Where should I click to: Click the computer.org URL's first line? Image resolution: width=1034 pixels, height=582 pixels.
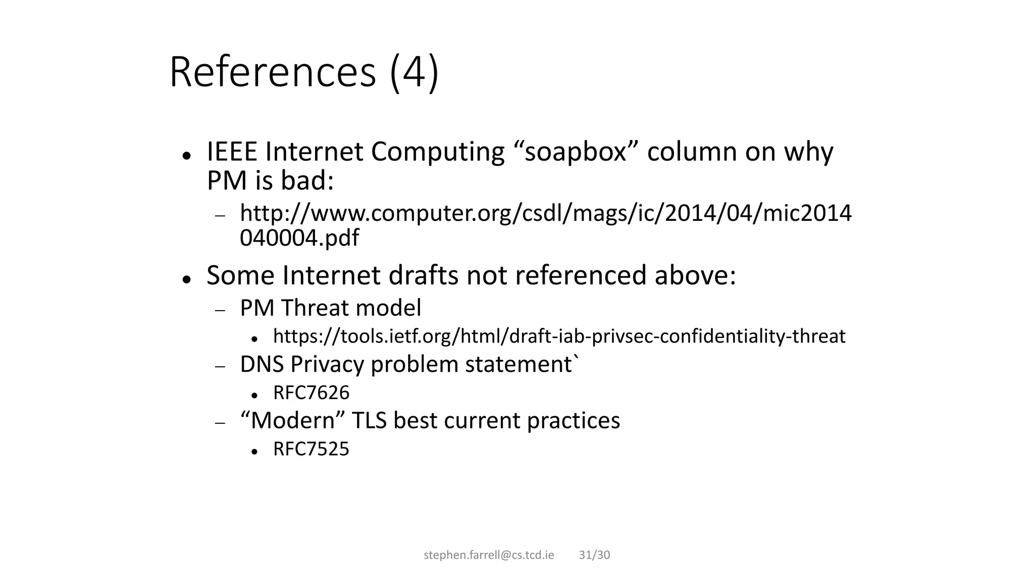[x=545, y=213]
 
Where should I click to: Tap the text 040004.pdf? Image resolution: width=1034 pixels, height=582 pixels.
[x=299, y=238]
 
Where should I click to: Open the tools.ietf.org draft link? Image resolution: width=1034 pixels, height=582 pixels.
[x=559, y=336]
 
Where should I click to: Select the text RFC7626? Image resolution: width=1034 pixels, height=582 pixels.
[x=311, y=393]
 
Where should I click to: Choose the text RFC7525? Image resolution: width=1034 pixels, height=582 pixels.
[x=311, y=449]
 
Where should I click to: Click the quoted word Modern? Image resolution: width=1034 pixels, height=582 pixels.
[x=293, y=420]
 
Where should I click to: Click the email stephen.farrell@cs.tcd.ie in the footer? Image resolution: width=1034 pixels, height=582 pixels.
[x=489, y=555]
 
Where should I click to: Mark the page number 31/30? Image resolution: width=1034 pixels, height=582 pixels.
[x=594, y=555]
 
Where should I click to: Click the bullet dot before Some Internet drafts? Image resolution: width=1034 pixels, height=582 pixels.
[x=187, y=279]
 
